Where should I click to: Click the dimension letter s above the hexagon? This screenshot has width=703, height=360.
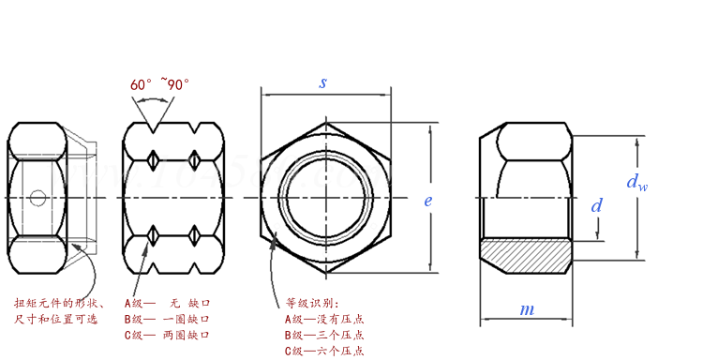[x=323, y=82]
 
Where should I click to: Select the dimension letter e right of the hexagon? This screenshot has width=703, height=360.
[x=427, y=201]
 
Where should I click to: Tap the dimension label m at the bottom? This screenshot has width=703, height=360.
[x=528, y=309]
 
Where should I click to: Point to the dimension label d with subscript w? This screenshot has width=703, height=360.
[x=636, y=182]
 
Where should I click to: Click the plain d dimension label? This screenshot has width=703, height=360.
[x=596, y=205]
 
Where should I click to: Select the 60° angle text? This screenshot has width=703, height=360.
[x=142, y=84]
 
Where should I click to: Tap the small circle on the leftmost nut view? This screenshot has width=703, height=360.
[x=37, y=197]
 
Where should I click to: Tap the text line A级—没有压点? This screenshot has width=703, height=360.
[x=324, y=319]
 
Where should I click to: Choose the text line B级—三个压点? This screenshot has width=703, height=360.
[x=324, y=335]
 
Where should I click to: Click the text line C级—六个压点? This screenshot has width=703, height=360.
[x=324, y=351]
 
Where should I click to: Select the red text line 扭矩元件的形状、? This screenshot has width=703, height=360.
[x=58, y=303]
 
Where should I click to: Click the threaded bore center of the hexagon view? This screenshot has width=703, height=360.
[x=323, y=197]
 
